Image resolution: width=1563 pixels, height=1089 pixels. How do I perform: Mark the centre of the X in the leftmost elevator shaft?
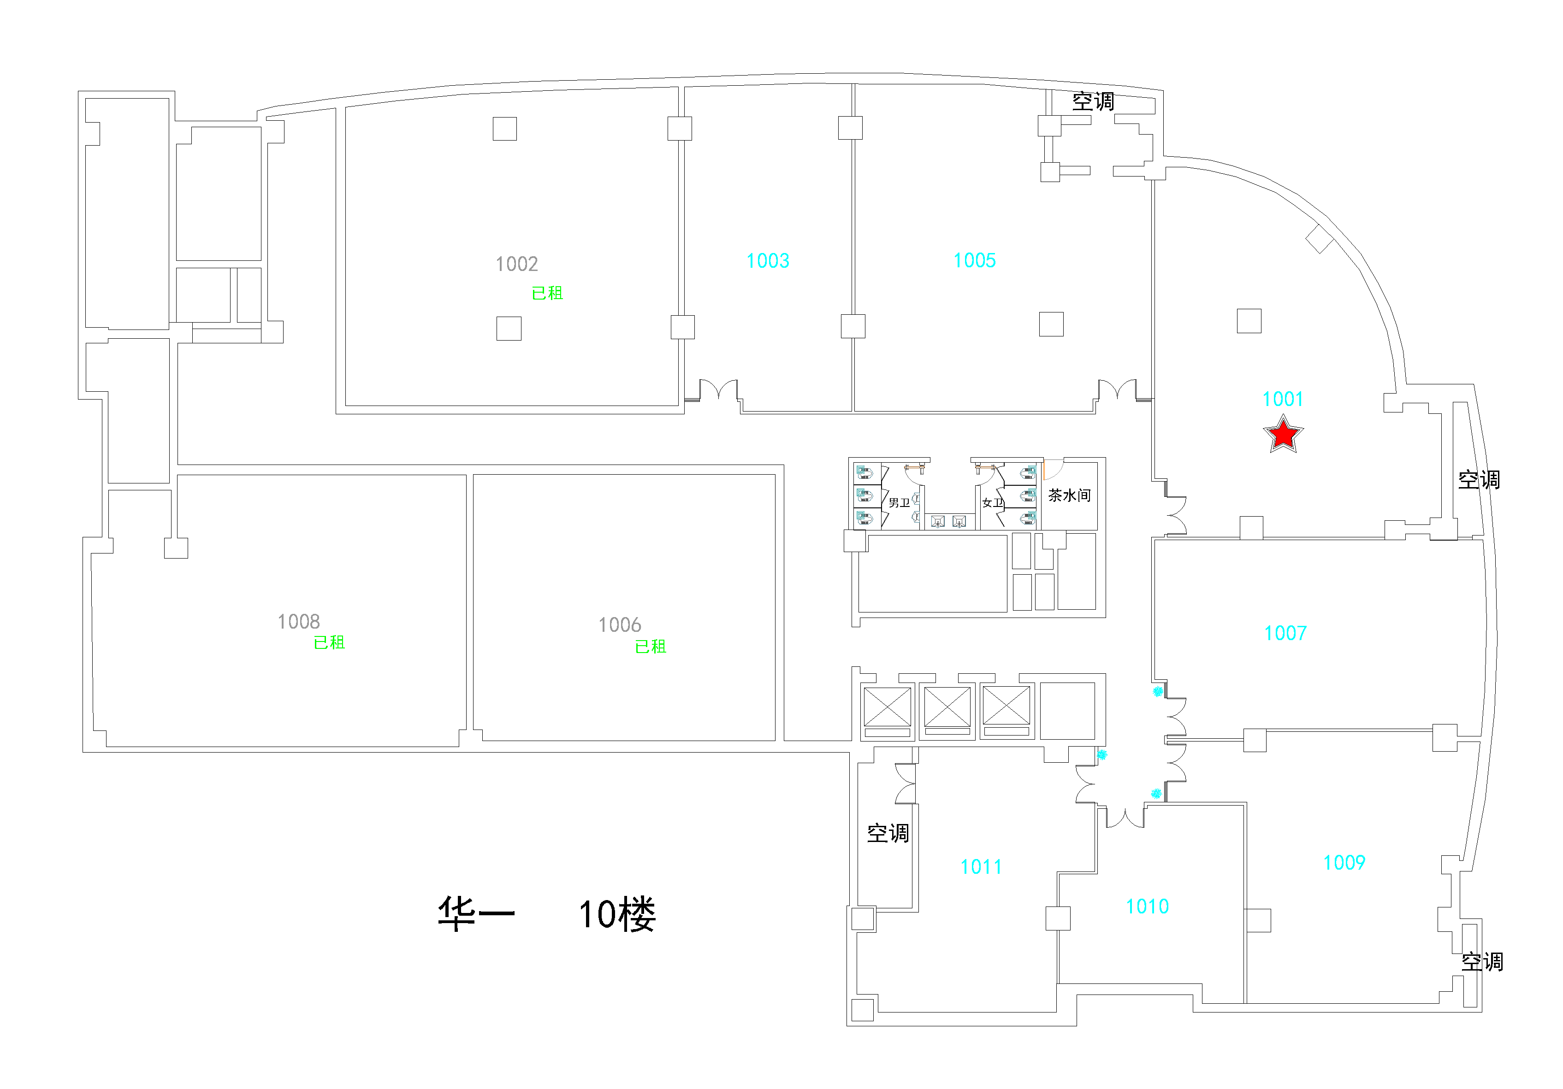coord(887,706)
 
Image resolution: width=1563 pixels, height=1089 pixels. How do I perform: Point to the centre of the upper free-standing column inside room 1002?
coord(504,129)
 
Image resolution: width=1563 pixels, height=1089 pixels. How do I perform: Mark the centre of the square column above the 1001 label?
coord(1249,321)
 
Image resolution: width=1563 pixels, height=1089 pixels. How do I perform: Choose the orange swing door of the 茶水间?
coord(1053,470)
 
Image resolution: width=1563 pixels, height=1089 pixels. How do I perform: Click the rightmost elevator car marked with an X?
coord(1006,706)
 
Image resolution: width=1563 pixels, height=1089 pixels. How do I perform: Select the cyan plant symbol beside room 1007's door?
coord(1157,692)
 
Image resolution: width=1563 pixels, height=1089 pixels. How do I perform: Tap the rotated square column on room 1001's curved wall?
coord(1319,238)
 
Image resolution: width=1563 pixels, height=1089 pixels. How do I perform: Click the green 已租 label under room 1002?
coord(547,294)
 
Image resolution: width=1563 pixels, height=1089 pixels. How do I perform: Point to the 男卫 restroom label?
coord(899,503)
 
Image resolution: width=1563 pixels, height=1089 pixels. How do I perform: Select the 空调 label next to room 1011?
coord(888,833)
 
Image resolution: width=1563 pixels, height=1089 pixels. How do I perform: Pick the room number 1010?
coord(1147,906)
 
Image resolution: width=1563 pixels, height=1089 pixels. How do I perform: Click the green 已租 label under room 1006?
coord(651,647)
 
